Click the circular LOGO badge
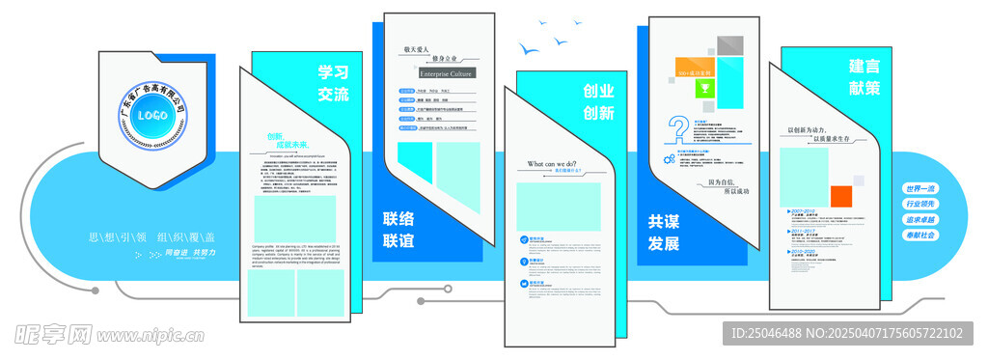pyautogui.click(x=152, y=115)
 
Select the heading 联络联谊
pyautogui.click(x=398, y=229)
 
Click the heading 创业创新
pyautogui.click(x=598, y=102)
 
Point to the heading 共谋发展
pyautogui.click(x=663, y=233)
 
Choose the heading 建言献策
pyautogui.click(x=864, y=77)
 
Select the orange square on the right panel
pyautogui.click(x=841, y=196)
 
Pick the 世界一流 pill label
pyautogui.click(x=919, y=189)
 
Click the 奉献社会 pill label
pyautogui.click(x=919, y=235)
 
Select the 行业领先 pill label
pyautogui.click(x=919, y=205)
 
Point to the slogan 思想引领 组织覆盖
pyautogui.click(x=151, y=236)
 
